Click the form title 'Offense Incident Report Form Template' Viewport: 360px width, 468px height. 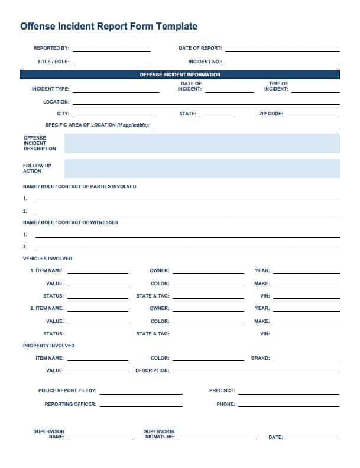click(x=109, y=27)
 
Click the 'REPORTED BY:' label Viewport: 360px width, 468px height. click(x=51, y=48)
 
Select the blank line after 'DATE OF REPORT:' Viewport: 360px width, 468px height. click(x=282, y=50)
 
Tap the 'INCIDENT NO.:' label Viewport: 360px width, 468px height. click(x=205, y=62)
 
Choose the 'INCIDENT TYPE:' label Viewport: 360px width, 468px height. click(x=50, y=89)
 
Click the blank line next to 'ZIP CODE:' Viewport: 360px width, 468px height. click(x=313, y=115)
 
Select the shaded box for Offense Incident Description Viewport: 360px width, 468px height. click(x=202, y=143)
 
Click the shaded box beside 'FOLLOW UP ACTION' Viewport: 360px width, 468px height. click(x=202, y=169)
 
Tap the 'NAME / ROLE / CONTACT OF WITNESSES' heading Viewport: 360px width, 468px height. click(x=70, y=222)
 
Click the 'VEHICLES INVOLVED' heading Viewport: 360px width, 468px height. click(x=47, y=259)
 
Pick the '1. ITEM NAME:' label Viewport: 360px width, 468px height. click(x=47, y=270)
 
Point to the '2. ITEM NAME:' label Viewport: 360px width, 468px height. click(x=47, y=308)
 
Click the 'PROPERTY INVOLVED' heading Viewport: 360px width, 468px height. click(x=48, y=346)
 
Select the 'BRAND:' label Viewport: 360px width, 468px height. click(x=260, y=358)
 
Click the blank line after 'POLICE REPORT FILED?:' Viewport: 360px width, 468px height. click(x=141, y=392)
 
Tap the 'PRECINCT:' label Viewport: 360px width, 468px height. click(x=222, y=390)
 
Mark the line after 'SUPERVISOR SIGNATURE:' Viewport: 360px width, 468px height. click(x=217, y=438)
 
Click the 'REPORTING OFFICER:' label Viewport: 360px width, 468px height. click(x=70, y=404)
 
